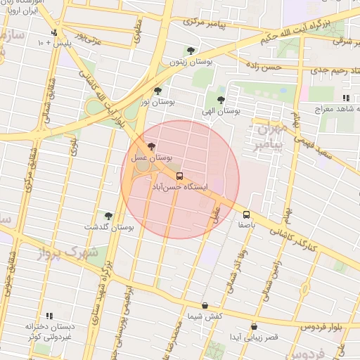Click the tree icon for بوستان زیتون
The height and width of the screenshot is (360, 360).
click(191, 51)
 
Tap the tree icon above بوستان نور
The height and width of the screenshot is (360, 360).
click(157, 91)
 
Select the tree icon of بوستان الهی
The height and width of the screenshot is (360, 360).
click(221, 100)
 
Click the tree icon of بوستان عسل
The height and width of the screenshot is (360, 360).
click(152, 146)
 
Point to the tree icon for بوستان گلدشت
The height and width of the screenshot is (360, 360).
click(108, 216)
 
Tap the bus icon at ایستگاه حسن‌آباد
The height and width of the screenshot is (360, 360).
click(179, 176)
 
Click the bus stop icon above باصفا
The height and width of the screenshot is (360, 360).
click(246, 214)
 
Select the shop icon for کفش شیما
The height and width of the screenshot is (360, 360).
click(205, 306)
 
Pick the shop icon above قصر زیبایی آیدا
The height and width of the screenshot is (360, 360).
click(254, 327)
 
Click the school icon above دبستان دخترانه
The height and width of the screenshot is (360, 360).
click(49, 316)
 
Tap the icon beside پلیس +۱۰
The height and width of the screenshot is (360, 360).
click(54, 32)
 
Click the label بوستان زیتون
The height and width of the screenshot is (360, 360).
click(187, 62)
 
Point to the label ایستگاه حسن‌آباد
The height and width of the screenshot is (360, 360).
click(181, 188)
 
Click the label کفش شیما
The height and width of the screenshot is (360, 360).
click(206, 317)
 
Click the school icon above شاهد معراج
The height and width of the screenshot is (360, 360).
click(345, 98)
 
